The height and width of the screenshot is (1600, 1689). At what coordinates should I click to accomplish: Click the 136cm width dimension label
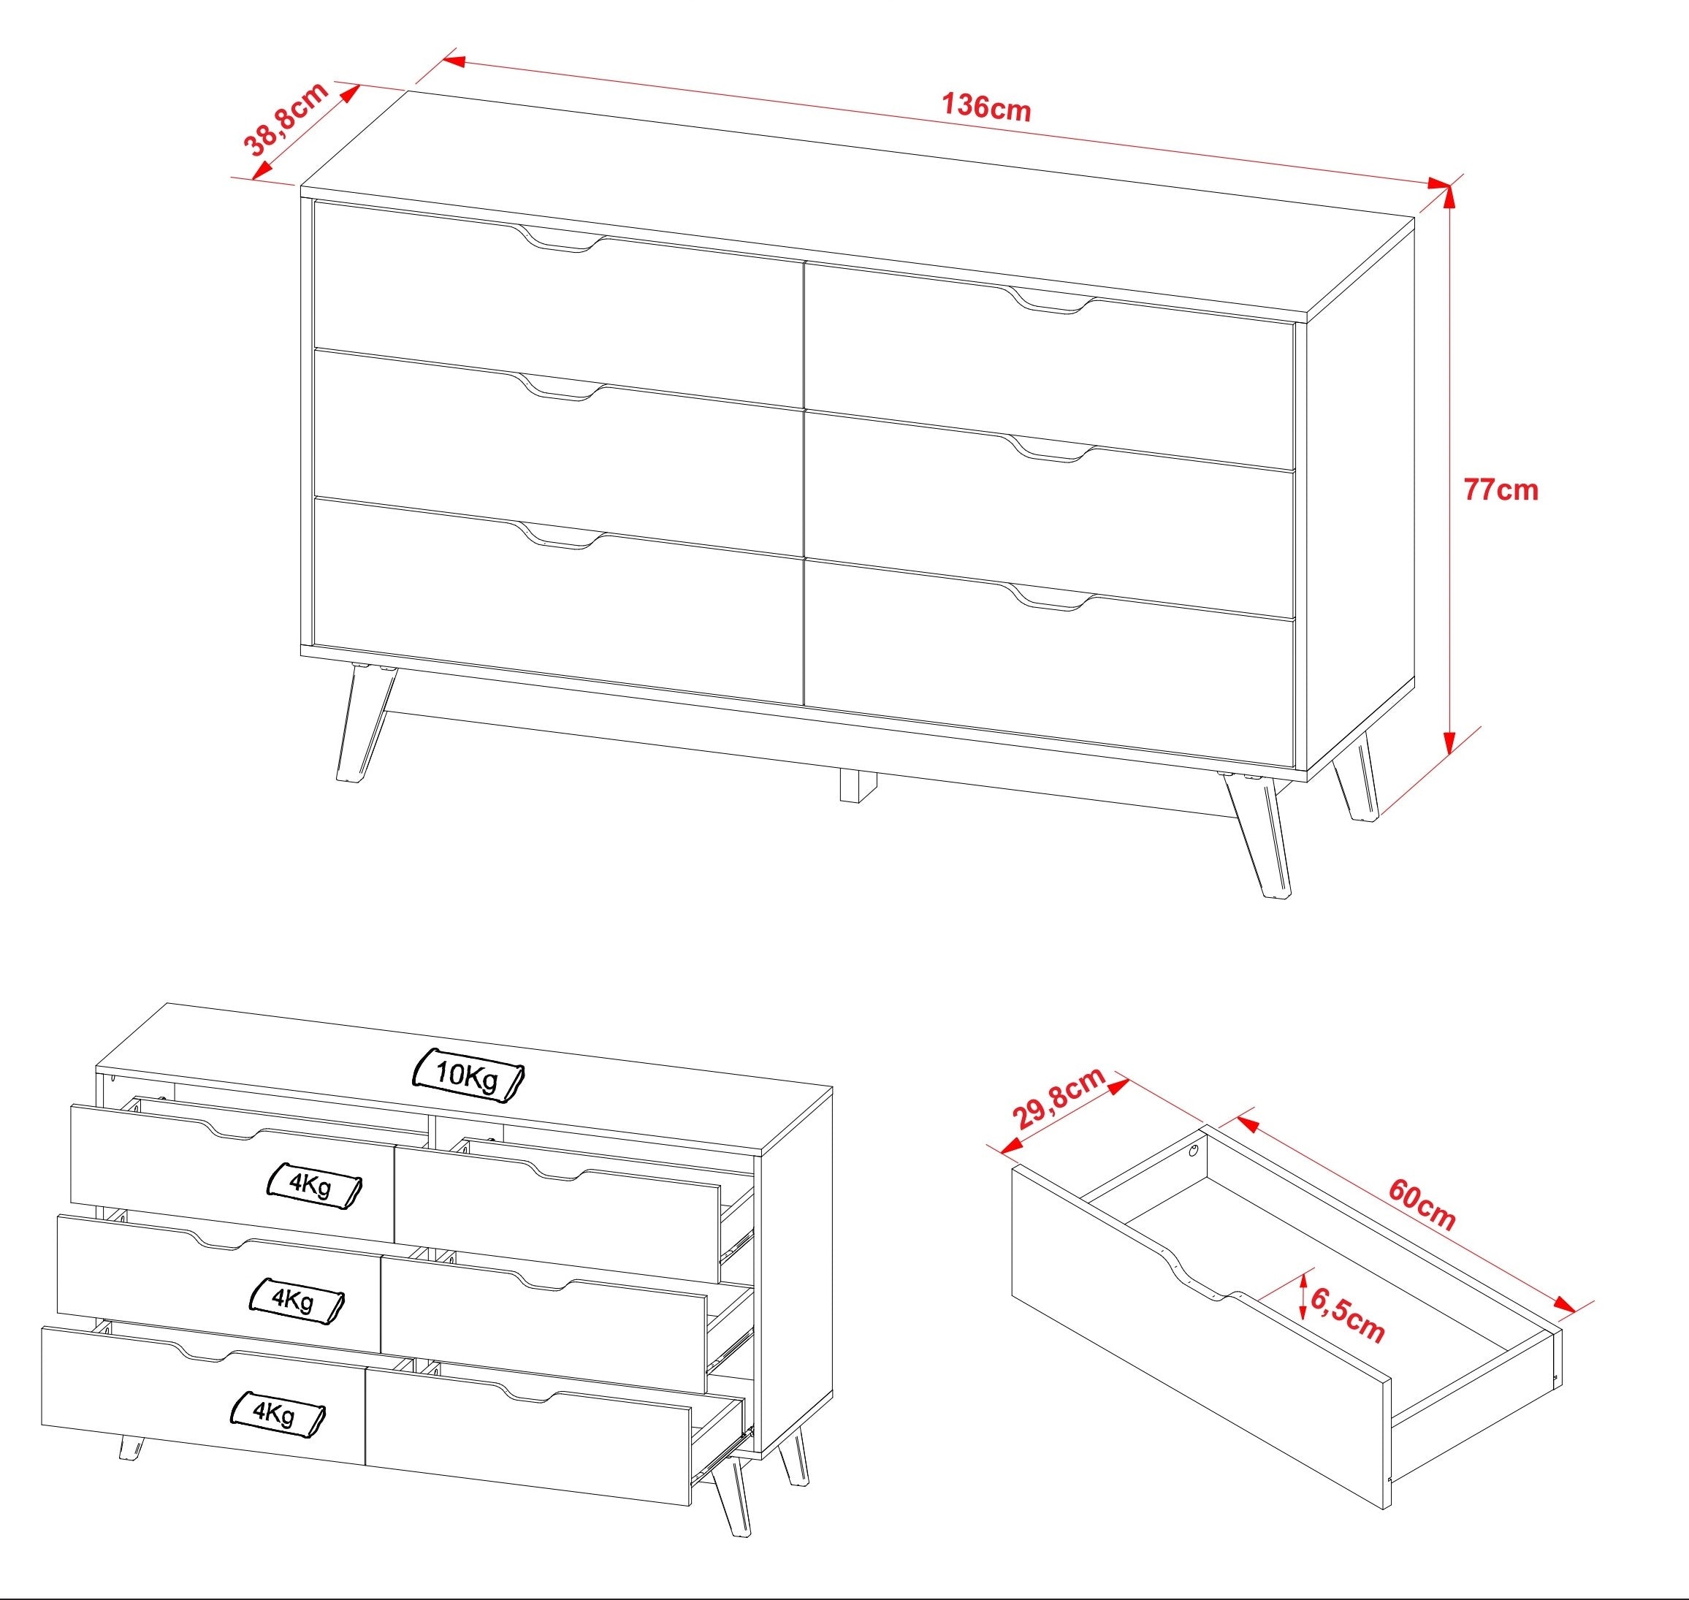click(x=985, y=107)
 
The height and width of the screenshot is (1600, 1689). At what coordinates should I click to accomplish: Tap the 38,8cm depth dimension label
click(x=286, y=119)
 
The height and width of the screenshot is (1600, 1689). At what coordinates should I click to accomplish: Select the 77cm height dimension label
click(x=1501, y=489)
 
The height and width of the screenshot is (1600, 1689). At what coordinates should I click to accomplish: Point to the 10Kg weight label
click(x=468, y=1075)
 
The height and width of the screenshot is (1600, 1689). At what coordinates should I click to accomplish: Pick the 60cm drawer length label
click(x=1422, y=1204)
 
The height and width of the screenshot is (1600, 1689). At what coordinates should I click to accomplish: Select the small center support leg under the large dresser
click(x=858, y=785)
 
